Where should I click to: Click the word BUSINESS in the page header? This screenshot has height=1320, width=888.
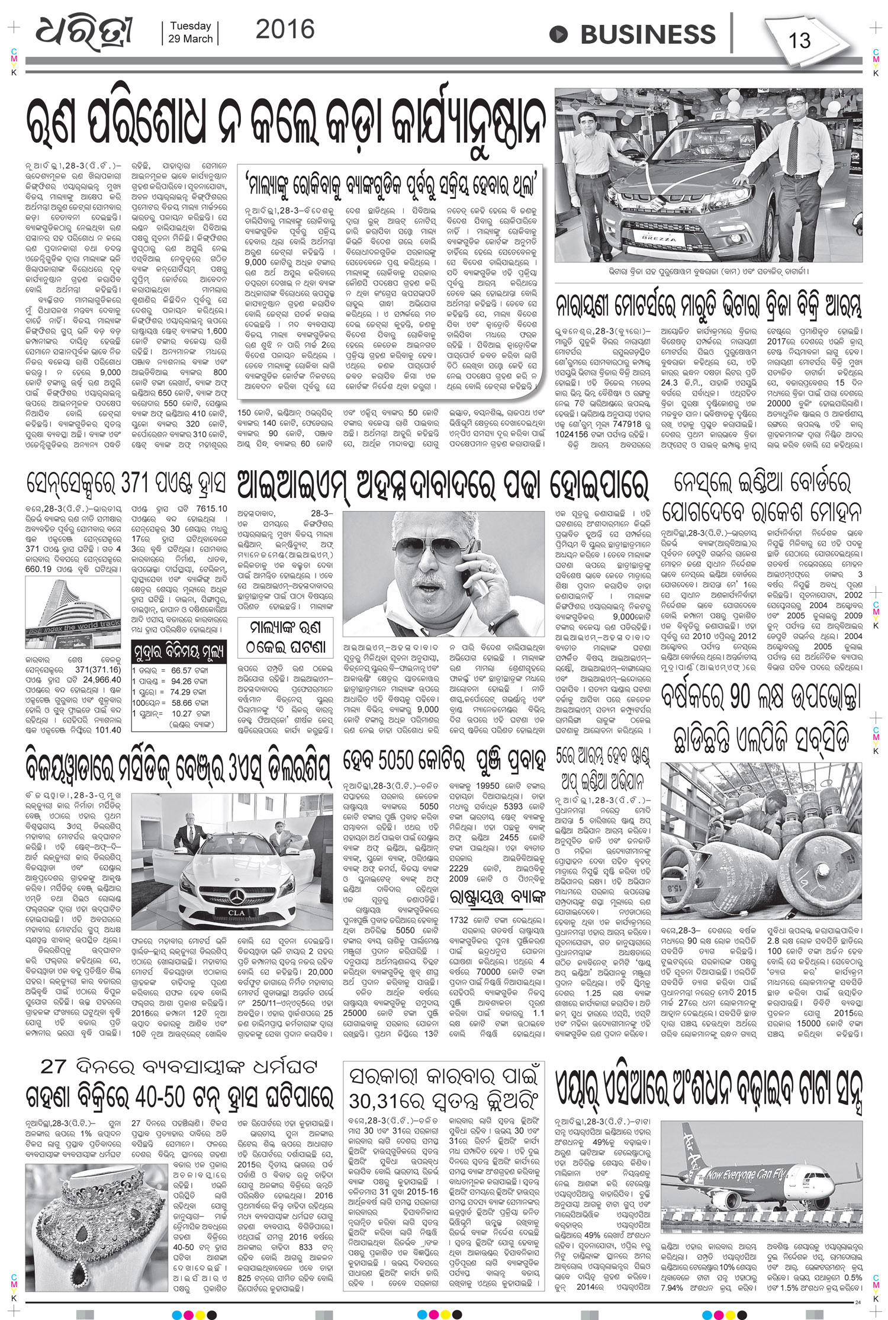coord(648,34)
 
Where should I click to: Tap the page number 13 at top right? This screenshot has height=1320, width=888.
coord(799,41)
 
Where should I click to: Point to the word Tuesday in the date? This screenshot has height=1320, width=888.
coord(190,26)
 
